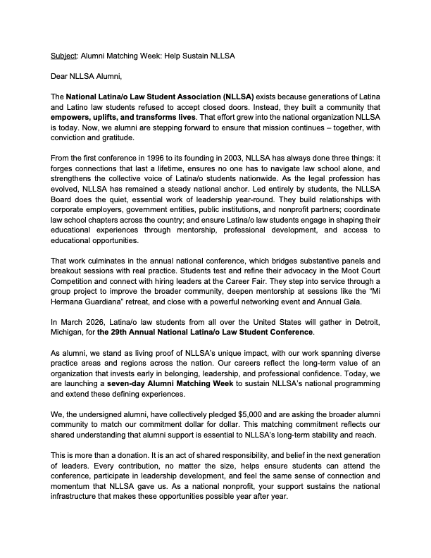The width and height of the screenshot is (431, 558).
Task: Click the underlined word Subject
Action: [x=63, y=55]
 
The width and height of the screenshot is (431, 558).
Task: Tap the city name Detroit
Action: [x=359, y=322]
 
